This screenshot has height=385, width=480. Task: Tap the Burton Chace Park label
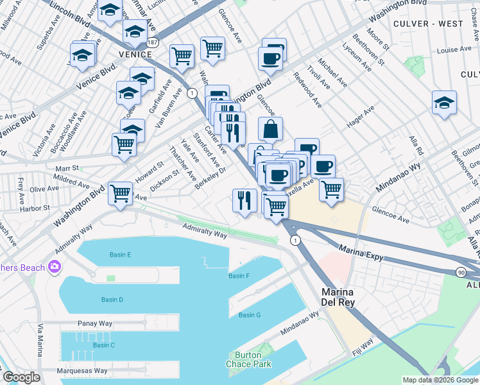point(248,359)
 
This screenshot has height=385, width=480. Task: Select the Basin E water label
point(120,255)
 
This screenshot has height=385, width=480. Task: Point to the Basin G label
point(250,315)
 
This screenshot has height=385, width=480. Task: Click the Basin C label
point(103,345)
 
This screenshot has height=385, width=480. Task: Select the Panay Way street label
point(95,323)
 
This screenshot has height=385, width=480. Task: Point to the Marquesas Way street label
point(83,371)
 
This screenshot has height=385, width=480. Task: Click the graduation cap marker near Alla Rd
point(444,103)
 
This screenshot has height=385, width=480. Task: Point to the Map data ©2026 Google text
point(440,380)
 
